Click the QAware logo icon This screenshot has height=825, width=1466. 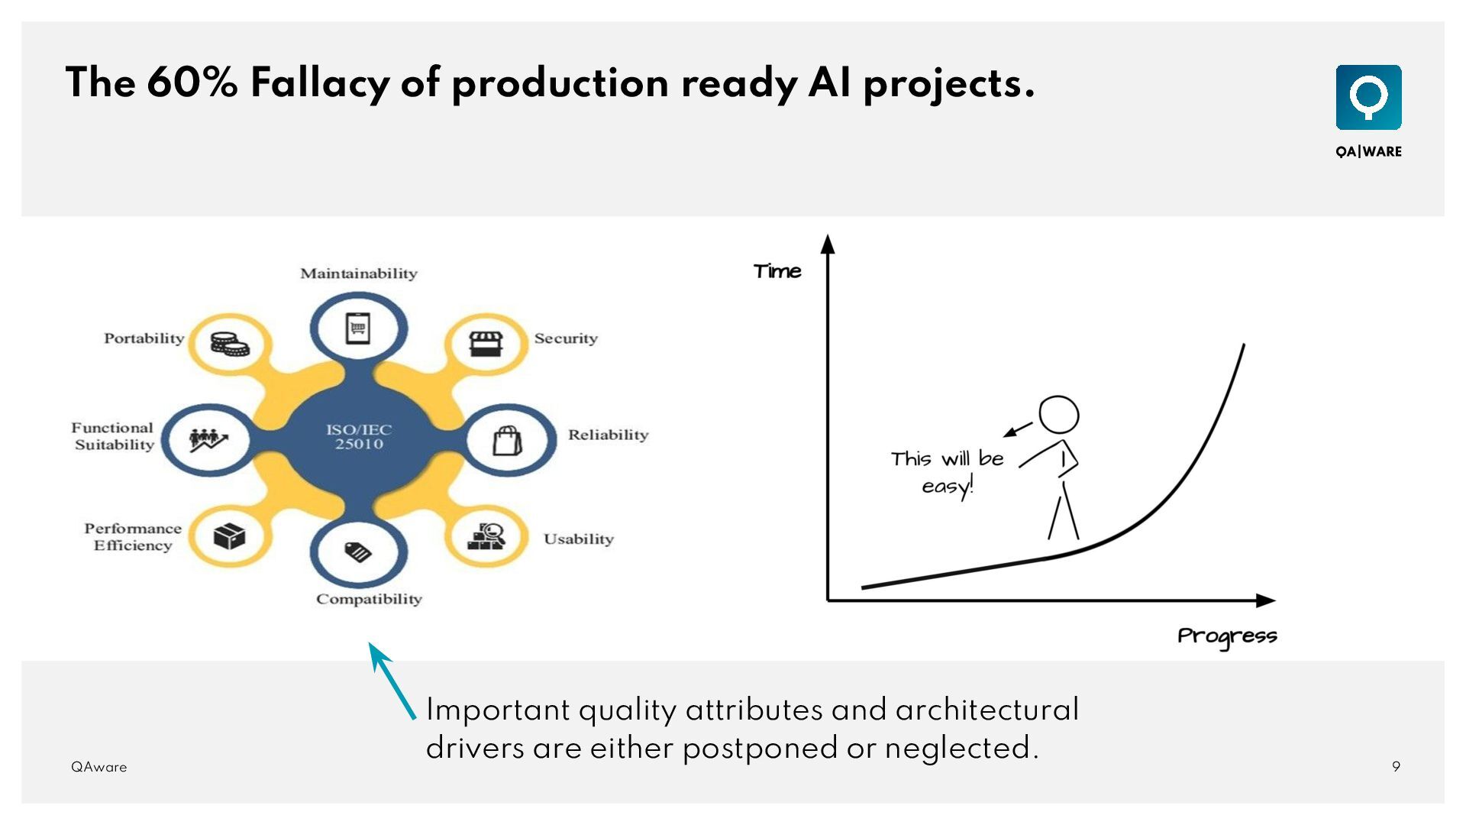pos(1368,97)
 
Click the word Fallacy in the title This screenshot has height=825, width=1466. pos(319,83)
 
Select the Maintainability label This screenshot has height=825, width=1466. pos(358,273)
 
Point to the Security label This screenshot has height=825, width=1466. pos(566,338)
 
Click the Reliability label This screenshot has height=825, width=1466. pos(608,435)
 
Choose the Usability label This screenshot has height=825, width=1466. pos(578,539)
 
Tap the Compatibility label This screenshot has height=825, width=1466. pos(369,599)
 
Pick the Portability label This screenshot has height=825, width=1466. pos(144,338)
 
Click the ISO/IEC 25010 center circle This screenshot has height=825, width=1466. pos(358,437)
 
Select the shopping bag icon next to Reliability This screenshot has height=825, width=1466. pos(507,440)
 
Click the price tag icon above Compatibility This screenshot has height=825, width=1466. pos(357,551)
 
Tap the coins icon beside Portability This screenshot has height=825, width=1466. pos(230,344)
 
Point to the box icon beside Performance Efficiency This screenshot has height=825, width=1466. pos(229,536)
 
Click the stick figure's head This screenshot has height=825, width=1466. pos(1058,416)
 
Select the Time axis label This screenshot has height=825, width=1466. pos(777,271)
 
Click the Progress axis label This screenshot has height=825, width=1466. pos(1227,636)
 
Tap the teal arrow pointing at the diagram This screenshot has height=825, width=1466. pos(392,680)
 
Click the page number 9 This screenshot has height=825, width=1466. pos(1396,767)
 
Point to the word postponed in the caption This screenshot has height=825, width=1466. pos(760,748)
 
